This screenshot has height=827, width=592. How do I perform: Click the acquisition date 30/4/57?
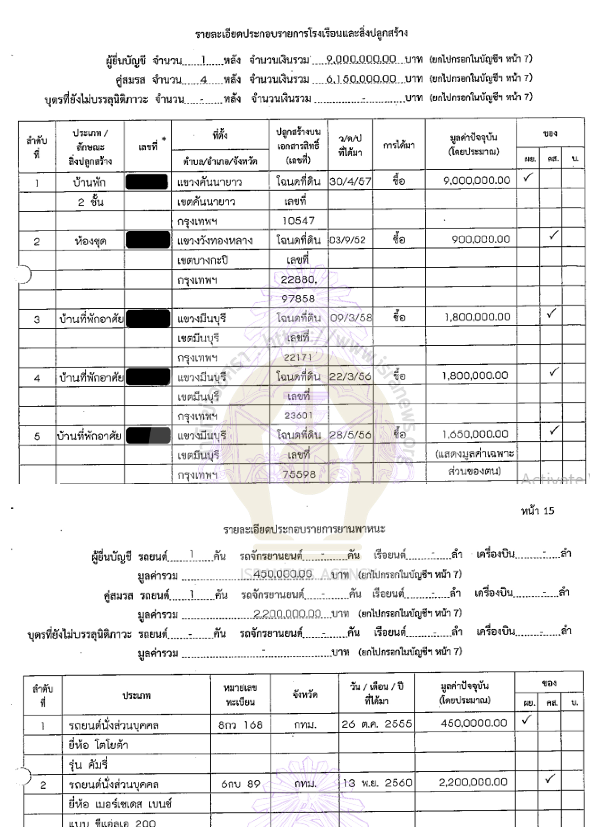pyautogui.click(x=350, y=181)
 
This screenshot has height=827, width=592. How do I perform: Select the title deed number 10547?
pyautogui.click(x=298, y=220)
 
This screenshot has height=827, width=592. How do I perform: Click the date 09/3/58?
pyautogui.click(x=351, y=318)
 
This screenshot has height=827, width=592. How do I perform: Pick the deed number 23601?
pyautogui.click(x=298, y=416)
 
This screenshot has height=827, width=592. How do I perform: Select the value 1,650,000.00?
pyautogui.click(x=475, y=434)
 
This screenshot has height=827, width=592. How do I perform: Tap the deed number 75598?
pyautogui.click(x=299, y=474)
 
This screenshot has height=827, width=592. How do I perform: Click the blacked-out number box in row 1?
pyautogui.click(x=147, y=182)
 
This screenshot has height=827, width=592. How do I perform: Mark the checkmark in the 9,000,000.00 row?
pyautogui.click(x=527, y=178)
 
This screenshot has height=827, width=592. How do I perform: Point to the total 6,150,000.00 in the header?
pyautogui.click(x=361, y=79)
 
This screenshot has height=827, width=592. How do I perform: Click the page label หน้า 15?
pyautogui.click(x=537, y=511)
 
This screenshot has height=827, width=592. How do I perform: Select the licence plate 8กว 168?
pyautogui.click(x=240, y=725)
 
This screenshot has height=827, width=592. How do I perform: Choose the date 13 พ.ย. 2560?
pyautogui.click(x=377, y=783)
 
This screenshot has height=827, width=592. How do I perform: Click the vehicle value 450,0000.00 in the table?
pyautogui.click(x=474, y=723)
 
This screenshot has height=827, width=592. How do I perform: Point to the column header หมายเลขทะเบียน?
pyautogui.click(x=240, y=695)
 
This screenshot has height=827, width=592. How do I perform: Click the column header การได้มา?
pyautogui.click(x=399, y=145)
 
